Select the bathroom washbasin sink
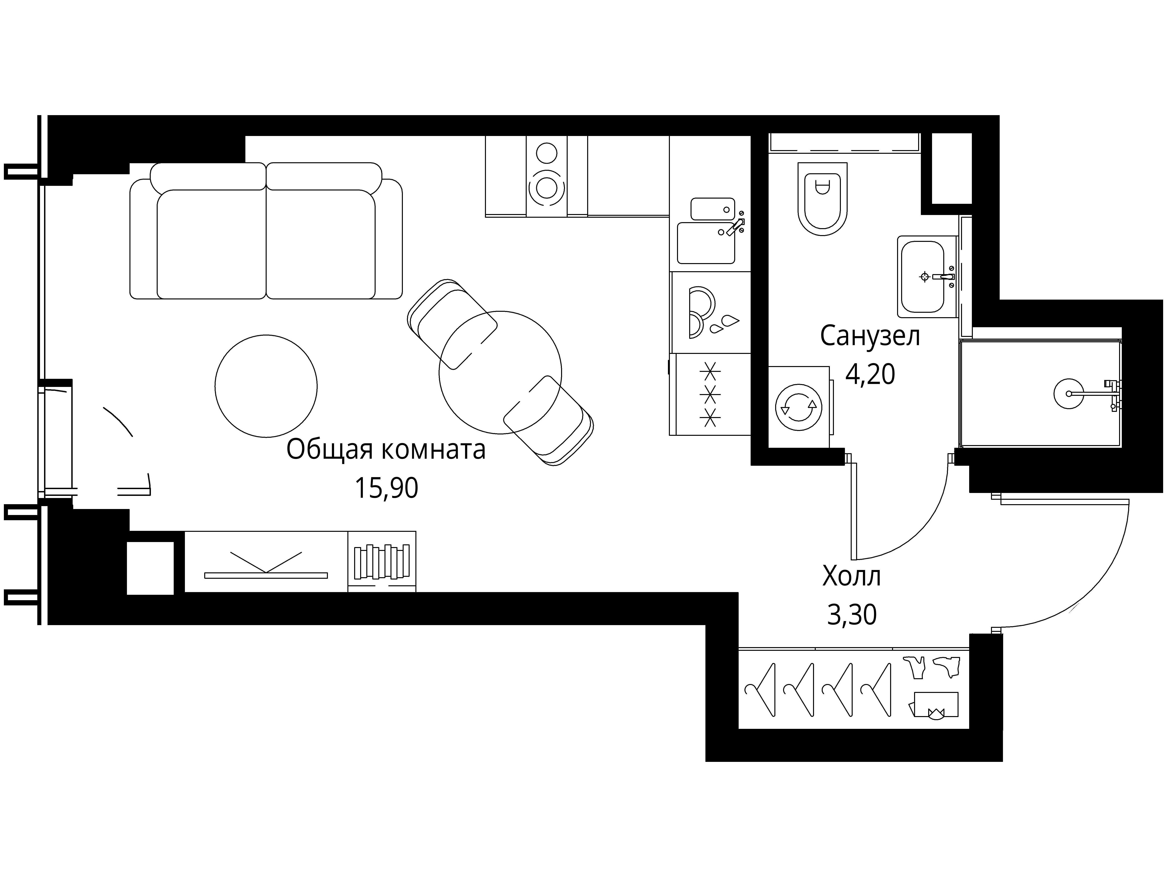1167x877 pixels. pos(922,276)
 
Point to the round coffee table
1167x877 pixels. pos(266,386)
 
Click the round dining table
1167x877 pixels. pos(500,372)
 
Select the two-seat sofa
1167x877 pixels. pos(266,231)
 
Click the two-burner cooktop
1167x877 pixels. pos(547,176)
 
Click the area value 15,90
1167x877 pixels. pos(386,488)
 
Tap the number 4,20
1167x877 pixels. pos(870,374)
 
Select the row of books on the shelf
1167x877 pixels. pos(382,562)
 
